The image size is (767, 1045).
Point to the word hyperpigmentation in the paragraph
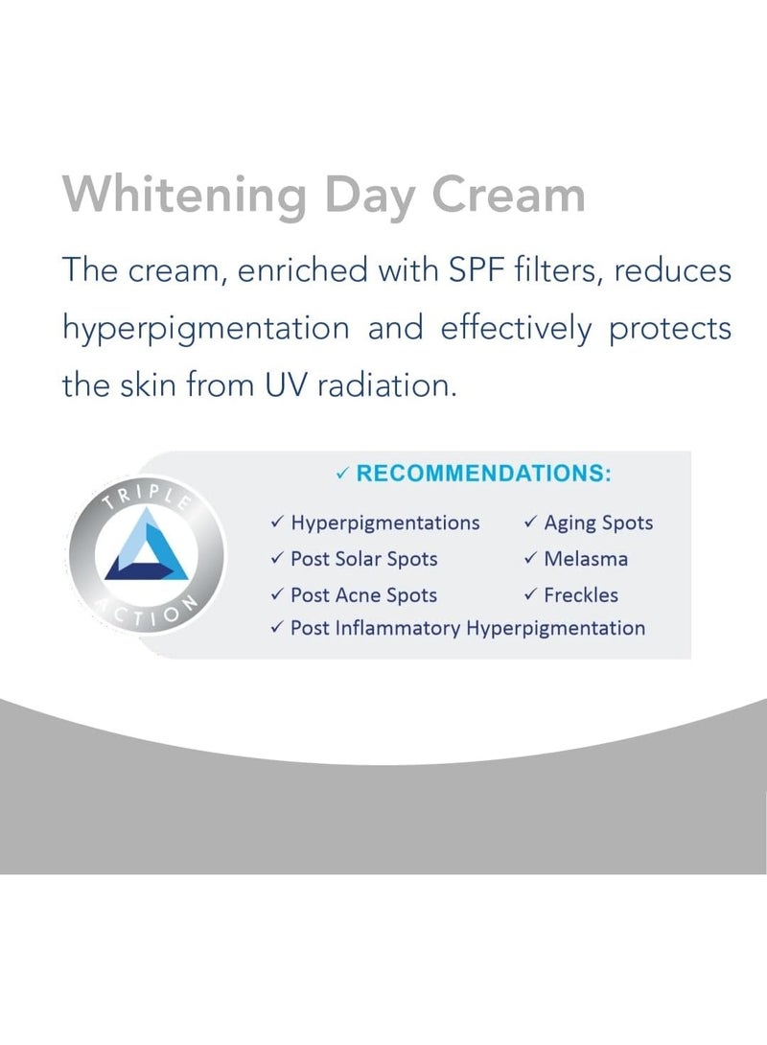(205, 329)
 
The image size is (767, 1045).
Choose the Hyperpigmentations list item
(384, 523)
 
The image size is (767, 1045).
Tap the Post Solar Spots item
(363, 559)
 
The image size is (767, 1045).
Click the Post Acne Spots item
(363, 594)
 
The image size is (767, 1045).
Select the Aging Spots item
(598, 523)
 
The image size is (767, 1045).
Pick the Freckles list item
(581, 594)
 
